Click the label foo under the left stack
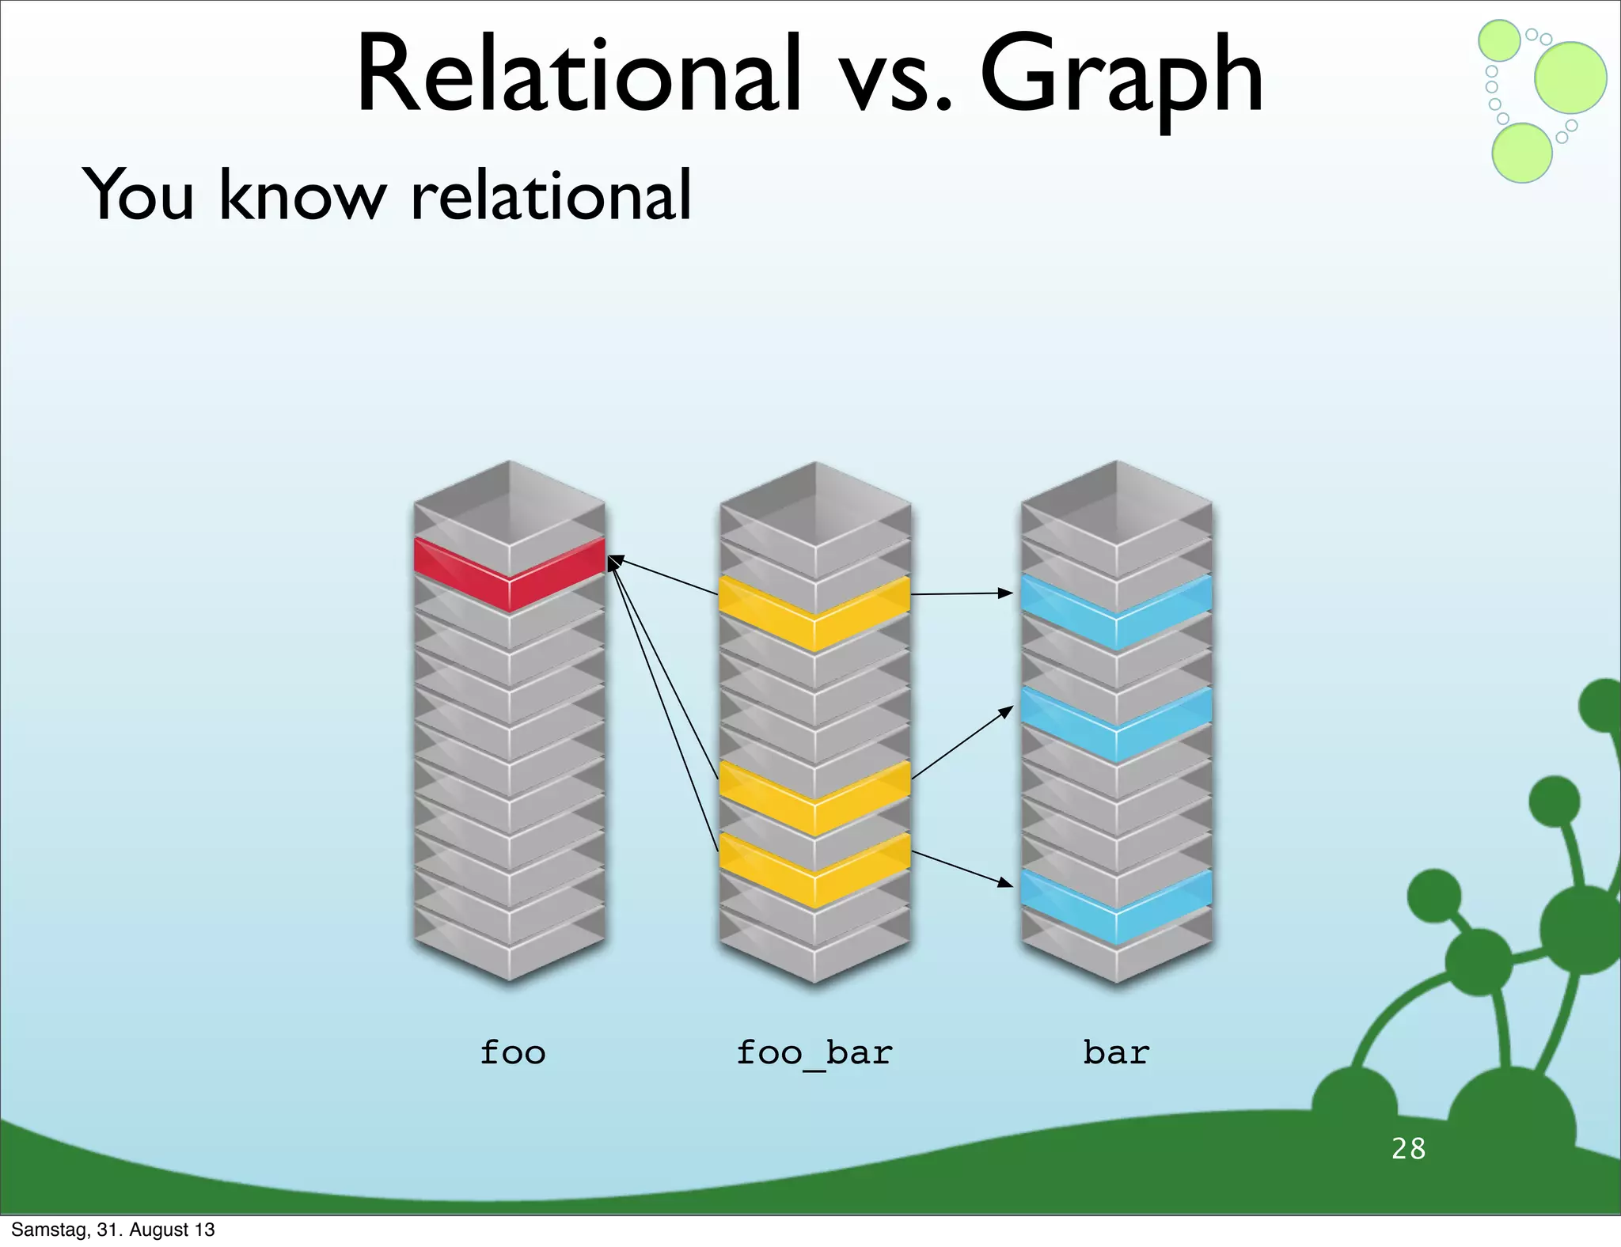pos(513,1053)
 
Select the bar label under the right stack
pos(1116,1053)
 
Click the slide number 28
pos(1408,1149)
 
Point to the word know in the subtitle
pos(302,195)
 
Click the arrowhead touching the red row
pos(613,560)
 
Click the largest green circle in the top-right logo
pos(1570,78)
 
